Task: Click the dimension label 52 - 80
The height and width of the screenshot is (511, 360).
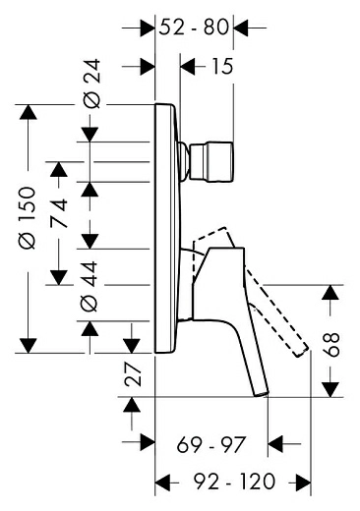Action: pyautogui.click(x=196, y=28)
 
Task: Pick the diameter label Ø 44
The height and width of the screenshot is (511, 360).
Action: pyautogui.click(x=90, y=290)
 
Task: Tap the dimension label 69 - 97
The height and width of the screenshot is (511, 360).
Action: pyautogui.click(x=210, y=445)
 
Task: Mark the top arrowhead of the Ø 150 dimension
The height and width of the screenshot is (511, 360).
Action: pyautogui.click(x=30, y=112)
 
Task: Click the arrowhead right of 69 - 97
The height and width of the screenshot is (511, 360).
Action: pyautogui.click(x=277, y=445)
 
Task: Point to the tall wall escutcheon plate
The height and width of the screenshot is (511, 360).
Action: pyautogui.click(x=166, y=226)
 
